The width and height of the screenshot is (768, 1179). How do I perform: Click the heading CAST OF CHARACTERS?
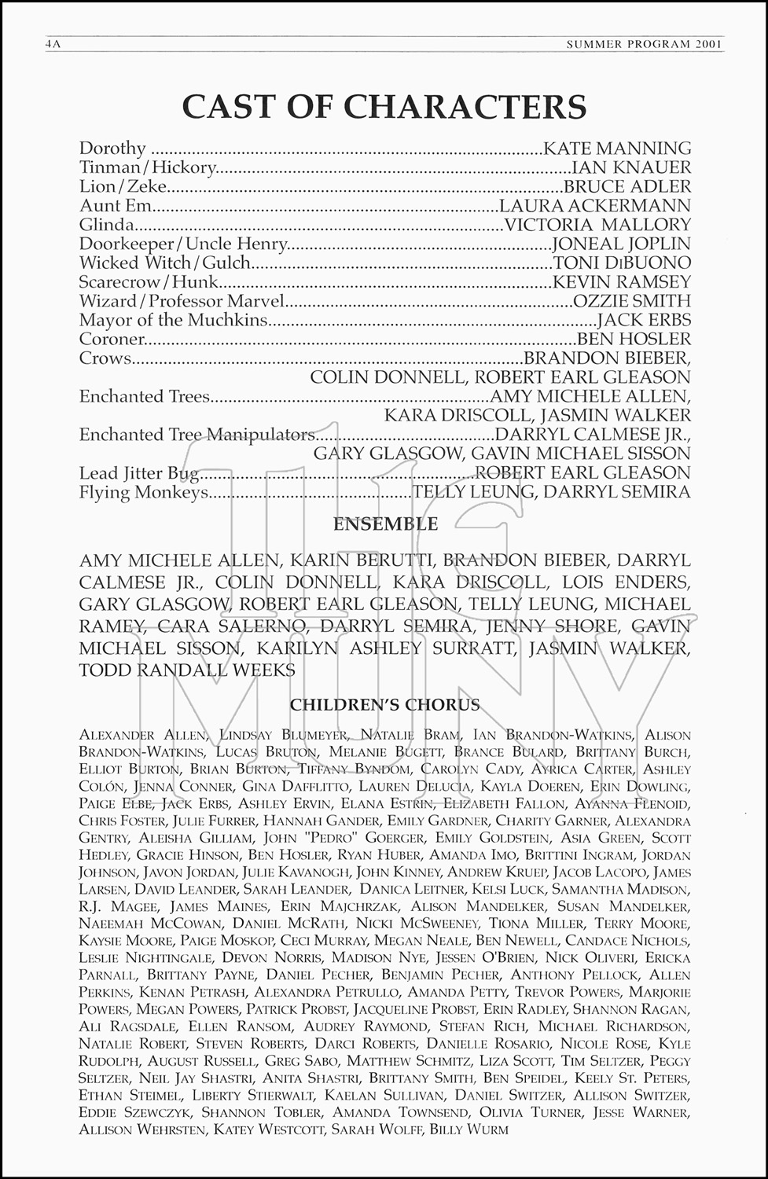384,107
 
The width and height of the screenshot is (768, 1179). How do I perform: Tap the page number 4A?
53,44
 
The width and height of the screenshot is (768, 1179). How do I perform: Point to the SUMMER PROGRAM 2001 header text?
644,44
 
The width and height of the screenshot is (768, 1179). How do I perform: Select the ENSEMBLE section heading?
385,523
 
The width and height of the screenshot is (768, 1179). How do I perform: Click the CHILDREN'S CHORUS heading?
384,704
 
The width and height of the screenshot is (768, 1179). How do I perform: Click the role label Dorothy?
112,149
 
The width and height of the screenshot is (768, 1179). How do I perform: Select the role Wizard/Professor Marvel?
181,301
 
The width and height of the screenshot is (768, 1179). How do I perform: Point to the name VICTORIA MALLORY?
597,225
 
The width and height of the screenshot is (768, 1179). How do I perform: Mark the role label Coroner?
112,339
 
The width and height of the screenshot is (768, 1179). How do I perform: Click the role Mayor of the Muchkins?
173,320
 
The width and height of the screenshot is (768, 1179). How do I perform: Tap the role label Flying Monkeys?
144,492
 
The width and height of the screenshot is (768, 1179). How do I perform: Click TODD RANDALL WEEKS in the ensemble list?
187,670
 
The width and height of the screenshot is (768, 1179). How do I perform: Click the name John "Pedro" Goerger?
344,838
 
